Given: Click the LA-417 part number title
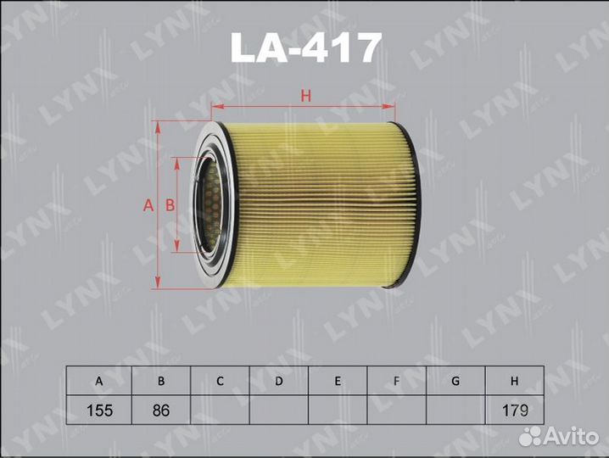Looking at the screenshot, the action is click(305, 47).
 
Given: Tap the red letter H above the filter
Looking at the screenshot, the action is click(306, 96).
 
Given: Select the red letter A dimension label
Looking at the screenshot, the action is click(148, 205).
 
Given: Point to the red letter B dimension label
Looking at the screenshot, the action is click(170, 205).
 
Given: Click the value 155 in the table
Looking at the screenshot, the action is click(99, 411).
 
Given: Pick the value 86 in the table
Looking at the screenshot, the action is click(161, 411).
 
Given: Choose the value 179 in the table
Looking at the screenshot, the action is click(515, 411).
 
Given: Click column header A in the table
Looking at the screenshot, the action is click(99, 381).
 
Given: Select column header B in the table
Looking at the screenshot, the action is click(161, 381).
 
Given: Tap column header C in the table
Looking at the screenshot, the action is click(220, 381).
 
